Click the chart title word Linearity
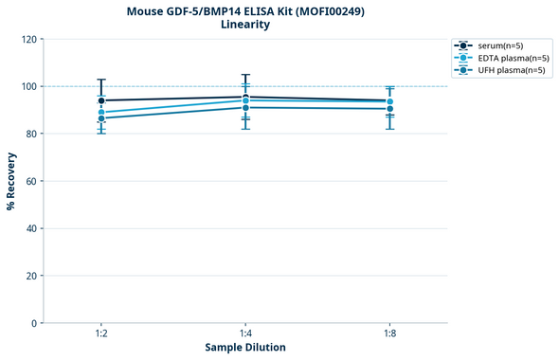point(245,25)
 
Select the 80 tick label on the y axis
point(32,135)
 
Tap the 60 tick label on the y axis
point(32,182)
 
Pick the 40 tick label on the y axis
point(32,229)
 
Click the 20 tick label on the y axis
point(32,277)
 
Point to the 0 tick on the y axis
point(35,324)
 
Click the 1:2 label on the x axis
point(101,334)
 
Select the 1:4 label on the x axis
point(245,334)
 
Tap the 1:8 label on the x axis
point(389,334)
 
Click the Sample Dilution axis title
point(245,348)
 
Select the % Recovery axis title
point(11,181)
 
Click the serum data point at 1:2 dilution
point(101,100)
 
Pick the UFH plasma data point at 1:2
point(101,118)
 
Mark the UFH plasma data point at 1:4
point(245,107)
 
